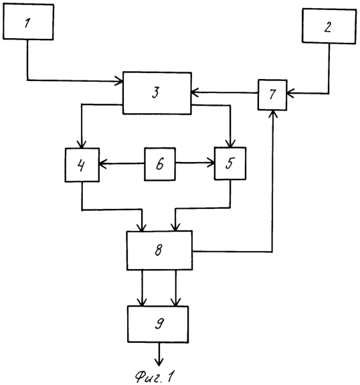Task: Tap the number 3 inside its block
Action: [156, 92]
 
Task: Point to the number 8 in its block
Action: [159, 250]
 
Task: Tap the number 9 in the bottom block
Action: [159, 323]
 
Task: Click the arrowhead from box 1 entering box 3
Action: [119, 81]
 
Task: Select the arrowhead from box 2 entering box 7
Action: [290, 93]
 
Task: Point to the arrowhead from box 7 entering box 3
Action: [195, 92]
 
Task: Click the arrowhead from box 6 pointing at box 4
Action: [103, 163]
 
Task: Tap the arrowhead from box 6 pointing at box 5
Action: [211, 163]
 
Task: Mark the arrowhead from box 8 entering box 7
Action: [272, 114]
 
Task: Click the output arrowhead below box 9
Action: [159, 362]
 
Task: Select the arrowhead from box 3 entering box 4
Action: [82, 144]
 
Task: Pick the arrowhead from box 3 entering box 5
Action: [230, 143]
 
